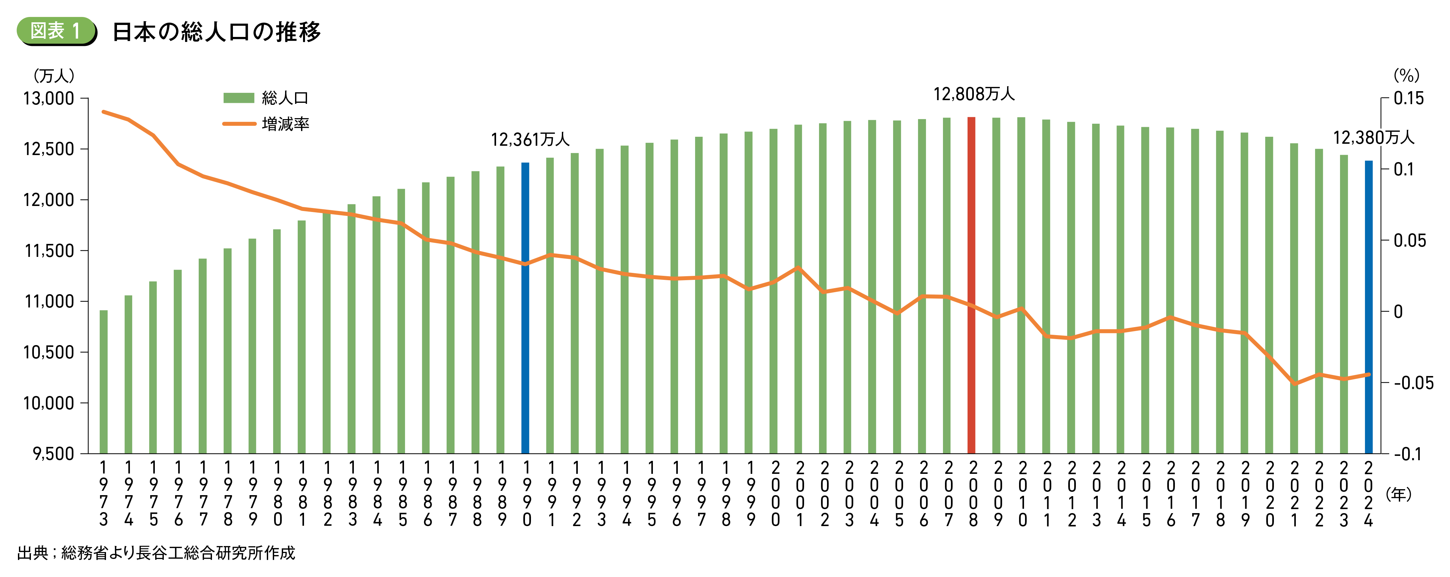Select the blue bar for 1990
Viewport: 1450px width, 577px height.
[525, 308]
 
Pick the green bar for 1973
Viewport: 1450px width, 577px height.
[104, 381]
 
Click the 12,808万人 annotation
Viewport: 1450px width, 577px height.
[974, 94]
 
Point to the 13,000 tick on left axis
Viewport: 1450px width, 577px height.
[49, 98]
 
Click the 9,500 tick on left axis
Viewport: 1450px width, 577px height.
[53, 454]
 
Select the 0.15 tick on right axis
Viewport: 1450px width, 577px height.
[1408, 98]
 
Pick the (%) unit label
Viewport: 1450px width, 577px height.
[1406, 76]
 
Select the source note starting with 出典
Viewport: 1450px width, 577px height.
[156, 553]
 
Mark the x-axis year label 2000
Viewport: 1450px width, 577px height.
[776, 493]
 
